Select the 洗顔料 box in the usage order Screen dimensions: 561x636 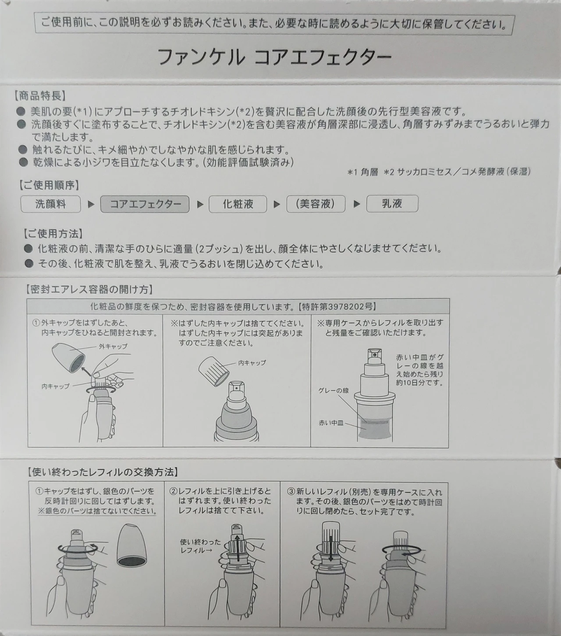click(x=50, y=204)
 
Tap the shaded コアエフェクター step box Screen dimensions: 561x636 click(x=145, y=204)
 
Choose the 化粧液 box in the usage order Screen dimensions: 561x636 click(x=238, y=204)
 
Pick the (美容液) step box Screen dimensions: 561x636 click(x=316, y=204)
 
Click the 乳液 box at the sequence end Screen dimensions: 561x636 click(x=392, y=203)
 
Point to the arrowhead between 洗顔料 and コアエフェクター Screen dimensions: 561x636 click(x=91, y=205)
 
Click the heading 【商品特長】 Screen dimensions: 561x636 click(x=40, y=96)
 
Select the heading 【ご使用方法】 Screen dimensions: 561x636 click(x=53, y=234)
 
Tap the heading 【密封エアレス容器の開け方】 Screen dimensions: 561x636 click(x=90, y=289)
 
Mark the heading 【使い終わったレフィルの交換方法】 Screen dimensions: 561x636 click(x=103, y=472)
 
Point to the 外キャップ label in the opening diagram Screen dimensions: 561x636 click(x=113, y=346)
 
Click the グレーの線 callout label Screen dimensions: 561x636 click(x=333, y=391)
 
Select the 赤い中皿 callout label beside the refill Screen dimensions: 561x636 click(x=331, y=423)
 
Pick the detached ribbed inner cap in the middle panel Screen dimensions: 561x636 click(x=214, y=371)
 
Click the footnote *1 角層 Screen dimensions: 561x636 click(x=362, y=172)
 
